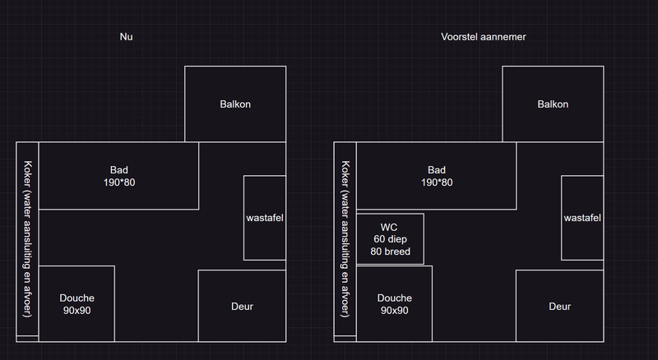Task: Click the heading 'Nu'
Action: [126, 37]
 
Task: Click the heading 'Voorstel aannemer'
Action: [484, 37]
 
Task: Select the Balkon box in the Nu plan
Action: [235, 104]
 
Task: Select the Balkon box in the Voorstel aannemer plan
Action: [553, 104]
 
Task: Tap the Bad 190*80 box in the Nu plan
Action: [118, 176]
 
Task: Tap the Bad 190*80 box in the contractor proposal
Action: [437, 176]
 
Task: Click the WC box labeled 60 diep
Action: [390, 239]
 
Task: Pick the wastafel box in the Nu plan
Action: [265, 218]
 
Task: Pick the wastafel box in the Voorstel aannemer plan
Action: [582, 218]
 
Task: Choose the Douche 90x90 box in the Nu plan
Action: [76, 303]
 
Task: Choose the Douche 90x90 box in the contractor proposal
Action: [394, 303]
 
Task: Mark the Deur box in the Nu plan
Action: [242, 306]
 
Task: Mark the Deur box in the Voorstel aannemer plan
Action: [560, 306]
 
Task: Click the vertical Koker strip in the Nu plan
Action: [27, 239]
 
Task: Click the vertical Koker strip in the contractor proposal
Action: [345, 239]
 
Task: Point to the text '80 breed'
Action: [390, 252]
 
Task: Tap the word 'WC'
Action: [388, 228]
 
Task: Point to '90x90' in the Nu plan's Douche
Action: [76, 311]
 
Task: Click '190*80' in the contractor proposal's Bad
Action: [437, 182]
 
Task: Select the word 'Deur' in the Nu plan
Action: [242, 307]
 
